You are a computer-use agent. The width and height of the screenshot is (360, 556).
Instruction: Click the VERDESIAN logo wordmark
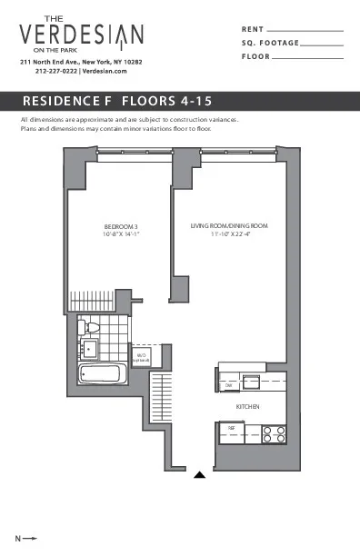point(81,35)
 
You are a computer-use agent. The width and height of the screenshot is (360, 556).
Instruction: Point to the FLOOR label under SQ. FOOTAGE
point(255,57)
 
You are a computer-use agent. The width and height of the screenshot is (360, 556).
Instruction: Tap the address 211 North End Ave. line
point(81,61)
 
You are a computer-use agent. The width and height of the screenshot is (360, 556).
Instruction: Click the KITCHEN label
point(249,406)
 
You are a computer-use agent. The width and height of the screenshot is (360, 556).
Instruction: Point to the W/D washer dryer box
point(141,358)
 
